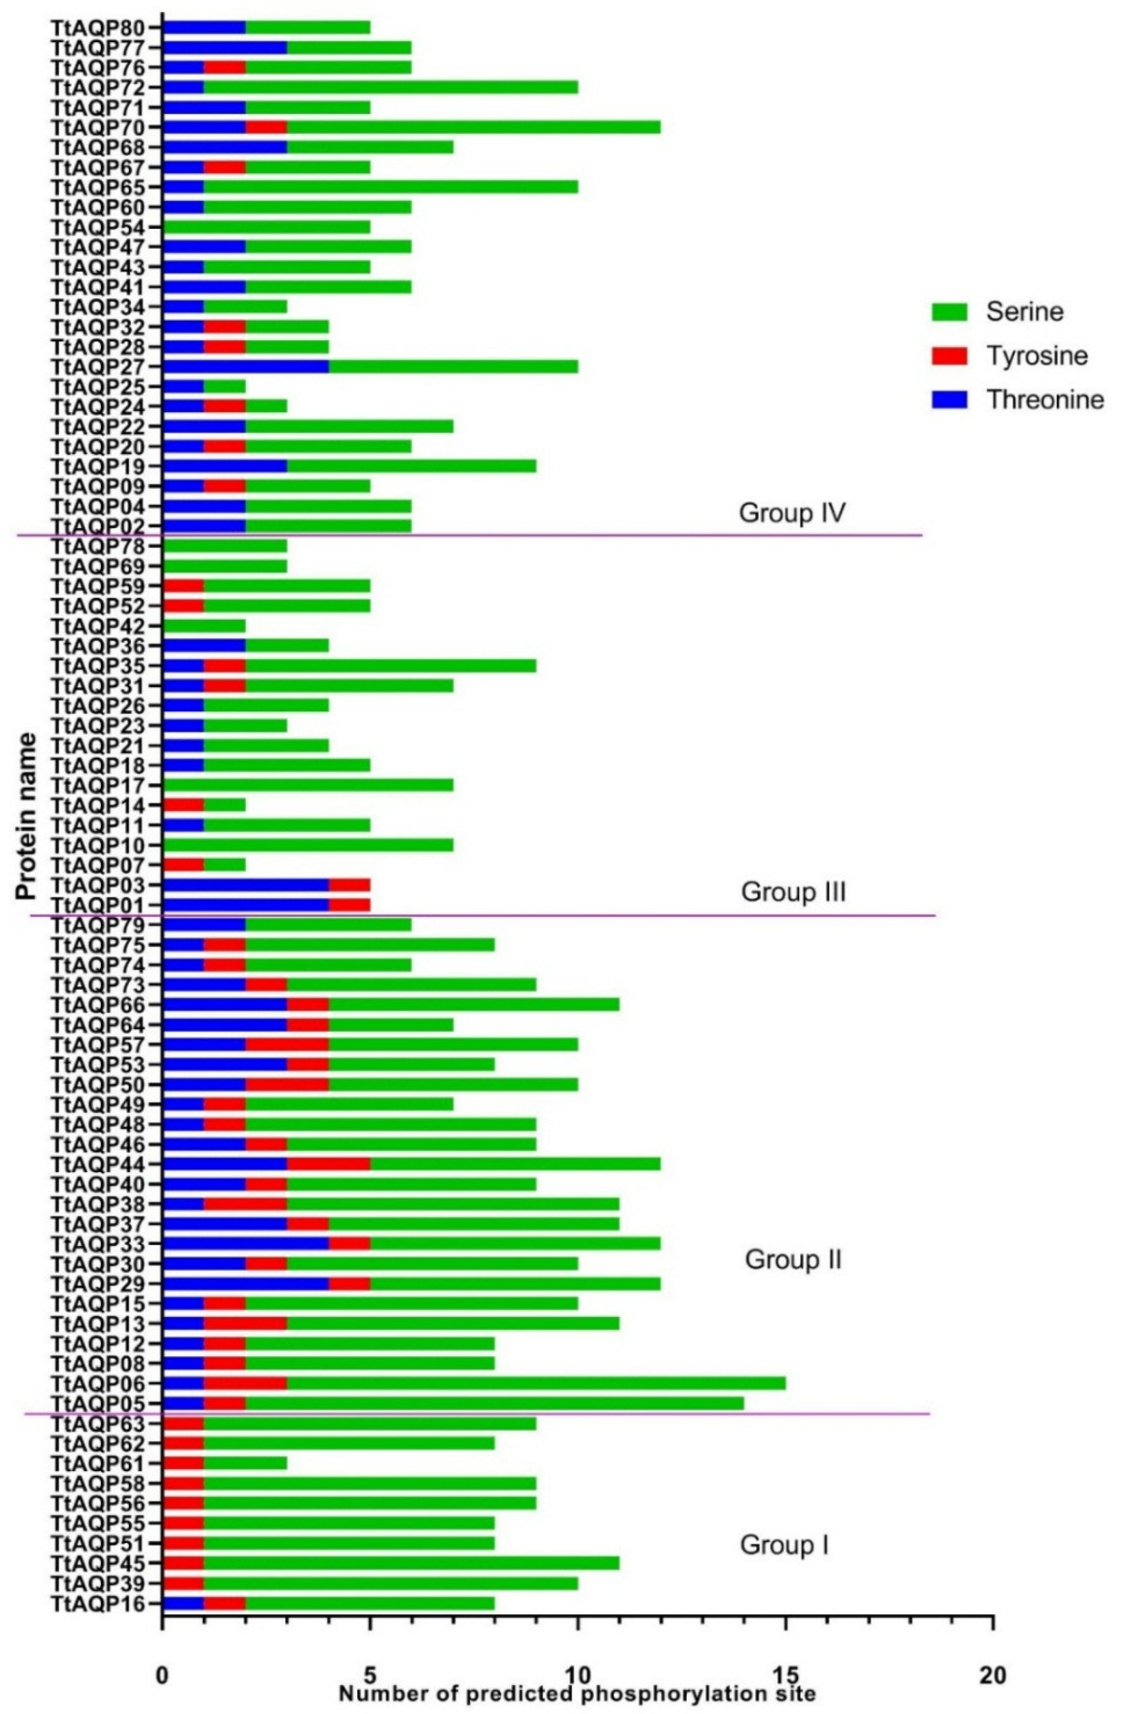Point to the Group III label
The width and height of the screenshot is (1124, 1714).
793,892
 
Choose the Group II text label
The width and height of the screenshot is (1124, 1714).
793,1260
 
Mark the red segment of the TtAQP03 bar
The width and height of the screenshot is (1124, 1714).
350,884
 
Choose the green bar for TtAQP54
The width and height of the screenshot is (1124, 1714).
267,228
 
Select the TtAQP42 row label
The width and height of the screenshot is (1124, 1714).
97,625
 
